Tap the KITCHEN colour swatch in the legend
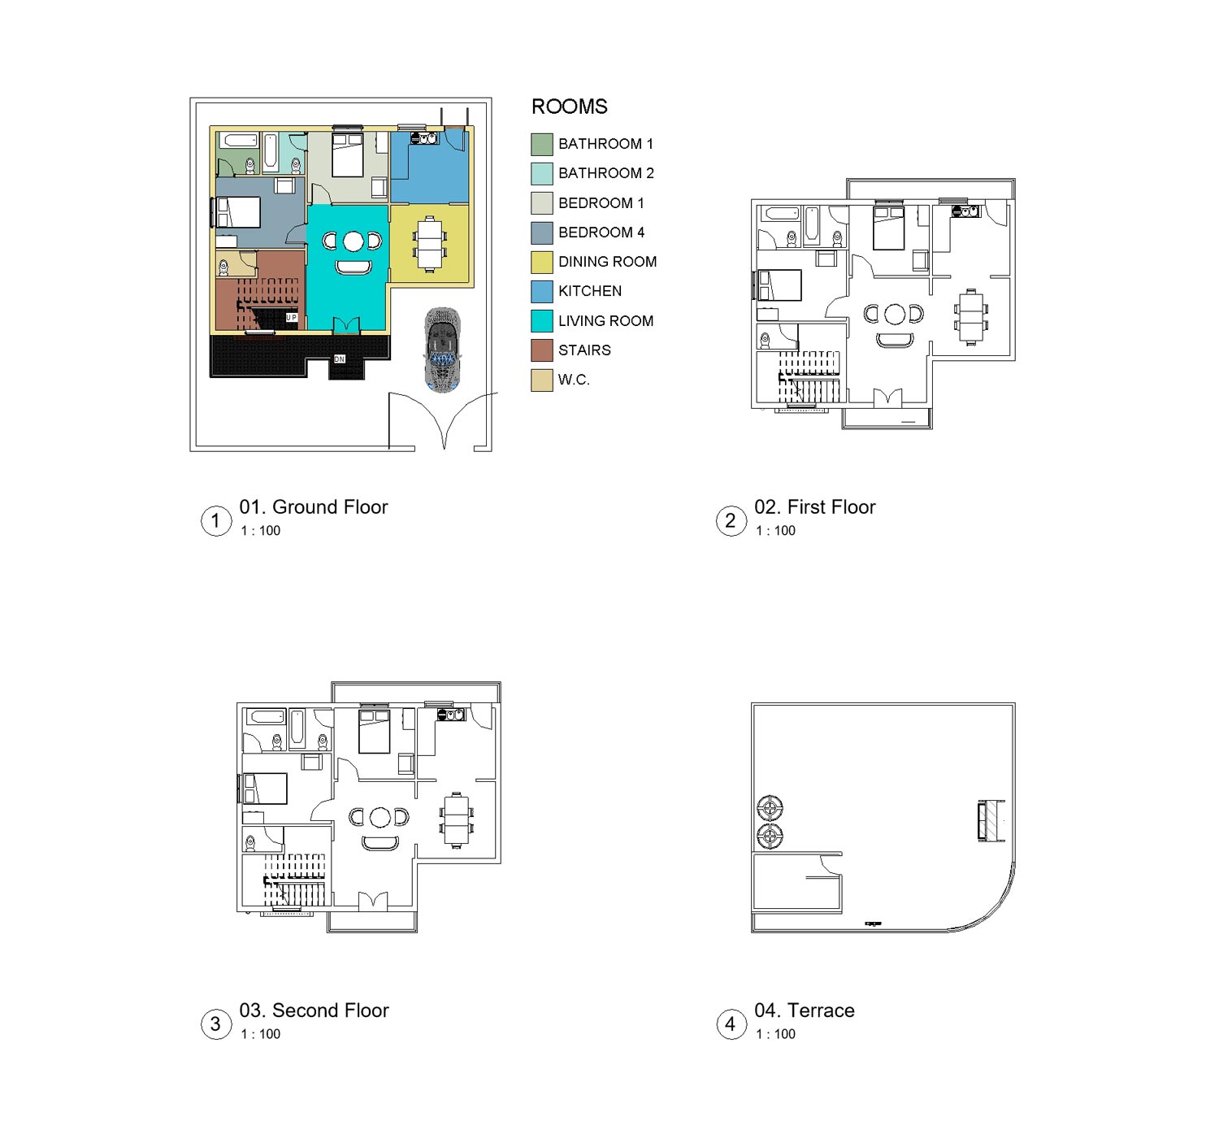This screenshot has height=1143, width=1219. pos(542,291)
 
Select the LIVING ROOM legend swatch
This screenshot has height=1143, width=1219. pos(542,320)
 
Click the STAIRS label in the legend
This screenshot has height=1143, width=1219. pos(584,350)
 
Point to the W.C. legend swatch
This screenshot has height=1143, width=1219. pos(542,380)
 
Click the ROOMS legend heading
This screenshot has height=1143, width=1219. pos(569,106)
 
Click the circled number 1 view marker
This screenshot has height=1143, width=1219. pos(215,520)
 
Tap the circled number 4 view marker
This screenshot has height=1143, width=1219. pos(730,1024)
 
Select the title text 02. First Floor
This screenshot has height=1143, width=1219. pos(814,507)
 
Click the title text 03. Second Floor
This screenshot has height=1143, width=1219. pos(314,1010)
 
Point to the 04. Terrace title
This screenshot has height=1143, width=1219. pos(804,1010)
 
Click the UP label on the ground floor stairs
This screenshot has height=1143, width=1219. pos(291,318)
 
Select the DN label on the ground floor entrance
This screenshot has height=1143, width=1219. pos(340,359)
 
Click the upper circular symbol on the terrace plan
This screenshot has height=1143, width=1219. pos(770,808)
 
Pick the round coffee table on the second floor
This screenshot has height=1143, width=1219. pos(380,817)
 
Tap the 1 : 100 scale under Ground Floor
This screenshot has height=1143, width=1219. pos(260,531)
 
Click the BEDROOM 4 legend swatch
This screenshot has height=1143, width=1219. pos(542,233)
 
